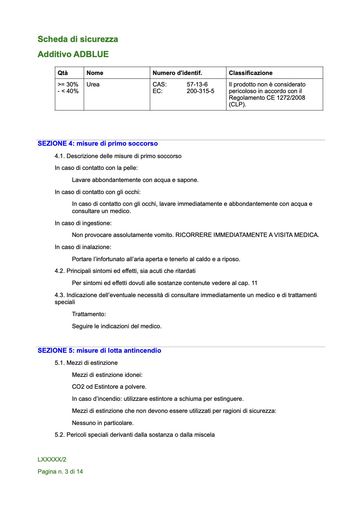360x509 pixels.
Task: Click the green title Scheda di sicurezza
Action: pos(78,39)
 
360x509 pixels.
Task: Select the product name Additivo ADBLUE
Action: pos(73,54)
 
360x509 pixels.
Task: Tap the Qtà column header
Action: pos(63,73)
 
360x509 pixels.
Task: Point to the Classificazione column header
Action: pos(250,73)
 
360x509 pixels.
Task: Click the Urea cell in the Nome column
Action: pos(93,85)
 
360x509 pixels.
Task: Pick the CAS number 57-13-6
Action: pos(197,85)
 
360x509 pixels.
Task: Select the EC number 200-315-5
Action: pos(200,91)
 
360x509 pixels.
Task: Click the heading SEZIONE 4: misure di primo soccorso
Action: pos(97,144)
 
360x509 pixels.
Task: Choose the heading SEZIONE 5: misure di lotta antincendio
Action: pos(99,351)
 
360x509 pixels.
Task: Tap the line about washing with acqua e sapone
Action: pos(135,180)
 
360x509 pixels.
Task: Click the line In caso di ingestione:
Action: pos(83,223)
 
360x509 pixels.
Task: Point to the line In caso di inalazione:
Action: pos(83,247)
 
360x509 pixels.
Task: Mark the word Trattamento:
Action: pos(89,314)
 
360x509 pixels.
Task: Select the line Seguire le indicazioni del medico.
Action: pos(116,326)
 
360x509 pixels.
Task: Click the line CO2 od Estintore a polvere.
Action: pos(109,387)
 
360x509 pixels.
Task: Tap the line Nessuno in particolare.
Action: pos(103,423)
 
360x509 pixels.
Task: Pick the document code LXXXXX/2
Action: pos(52,460)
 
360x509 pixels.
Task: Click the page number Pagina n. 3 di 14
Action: pos(60,472)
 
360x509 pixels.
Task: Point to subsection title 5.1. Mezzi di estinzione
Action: pos(86,363)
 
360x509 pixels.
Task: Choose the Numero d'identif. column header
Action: pos(177,73)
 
